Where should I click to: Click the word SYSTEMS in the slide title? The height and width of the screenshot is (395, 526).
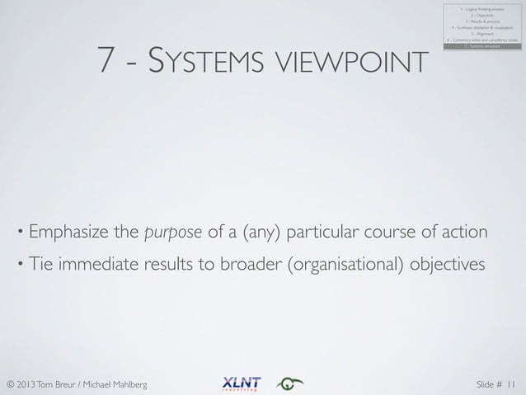coord(205,60)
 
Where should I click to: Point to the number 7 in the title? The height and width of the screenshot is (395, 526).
coord(106,59)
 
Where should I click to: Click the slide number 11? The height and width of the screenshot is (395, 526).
coord(513,383)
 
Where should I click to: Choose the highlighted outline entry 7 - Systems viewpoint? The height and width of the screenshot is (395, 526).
coord(482,47)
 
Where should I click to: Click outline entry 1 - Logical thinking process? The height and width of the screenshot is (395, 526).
coord(482,8)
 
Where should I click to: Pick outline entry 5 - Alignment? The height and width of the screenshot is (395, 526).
coord(482,34)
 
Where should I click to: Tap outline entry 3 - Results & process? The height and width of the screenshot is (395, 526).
coord(482,21)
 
